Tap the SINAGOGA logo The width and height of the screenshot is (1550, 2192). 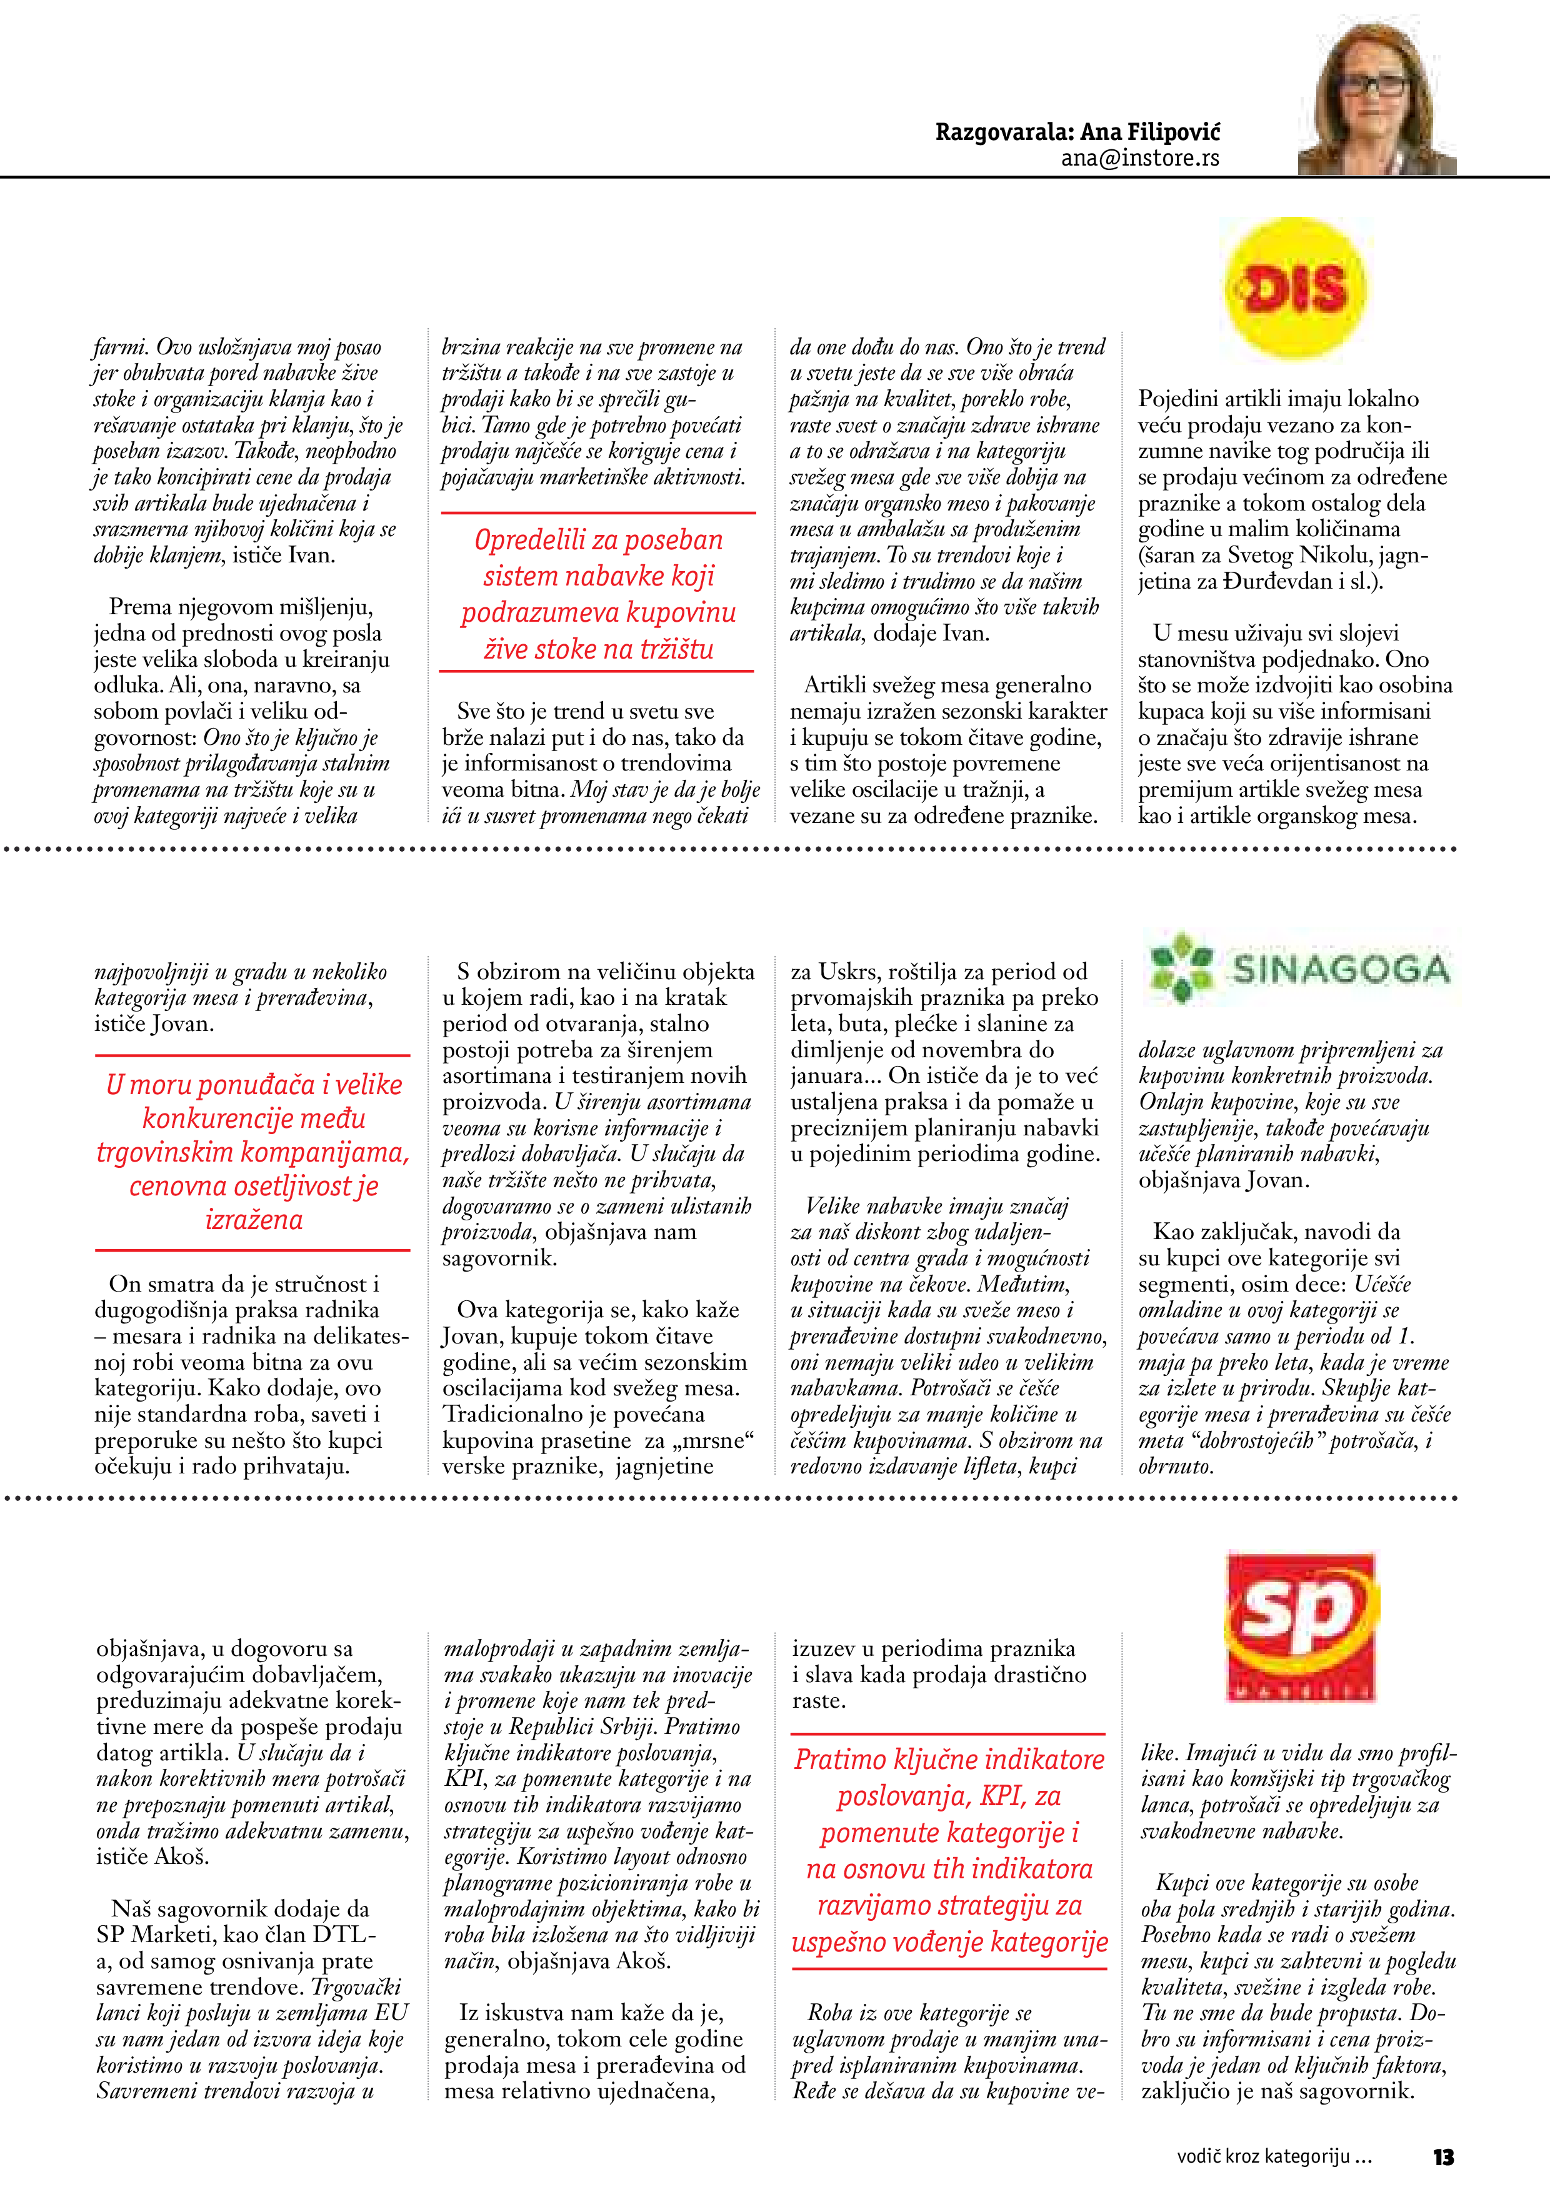coord(1300,969)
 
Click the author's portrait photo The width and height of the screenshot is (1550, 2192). coord(1376,99)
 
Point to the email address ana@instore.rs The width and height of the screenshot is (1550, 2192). coord(1139,159)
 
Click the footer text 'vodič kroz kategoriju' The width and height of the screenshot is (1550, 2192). coord(1262,2156)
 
